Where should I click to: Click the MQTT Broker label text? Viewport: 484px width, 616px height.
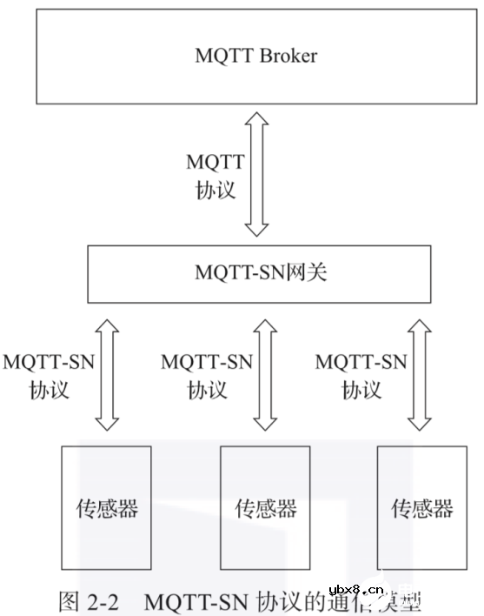256,57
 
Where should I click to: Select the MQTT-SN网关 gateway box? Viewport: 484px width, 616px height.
260,273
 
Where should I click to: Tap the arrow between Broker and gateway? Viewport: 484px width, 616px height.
256,174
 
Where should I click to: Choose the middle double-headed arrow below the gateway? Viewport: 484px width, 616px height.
266,374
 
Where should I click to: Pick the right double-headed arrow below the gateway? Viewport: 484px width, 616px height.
420,374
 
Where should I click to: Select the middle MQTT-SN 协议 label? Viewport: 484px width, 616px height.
207,375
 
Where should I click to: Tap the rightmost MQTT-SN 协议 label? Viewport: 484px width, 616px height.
361,375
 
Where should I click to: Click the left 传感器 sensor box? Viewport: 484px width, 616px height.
106,507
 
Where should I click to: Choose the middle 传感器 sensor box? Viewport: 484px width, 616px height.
265,507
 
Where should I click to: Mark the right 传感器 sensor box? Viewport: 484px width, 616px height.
421,507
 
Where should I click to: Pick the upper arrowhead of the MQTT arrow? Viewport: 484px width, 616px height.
256,119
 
